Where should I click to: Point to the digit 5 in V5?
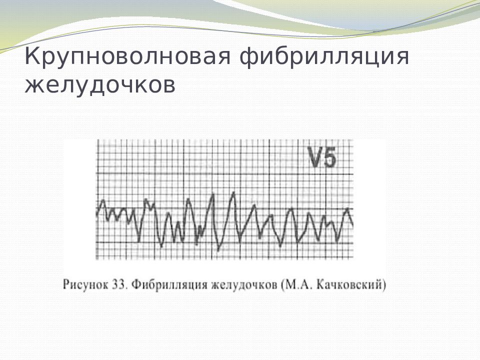[x=330, y=159]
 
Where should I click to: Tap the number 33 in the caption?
[x=118, y=285]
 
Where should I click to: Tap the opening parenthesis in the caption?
[x=283, y=285]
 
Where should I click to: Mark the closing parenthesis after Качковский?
[x=384, y=285]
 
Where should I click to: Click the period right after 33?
[x=125, y=287]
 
